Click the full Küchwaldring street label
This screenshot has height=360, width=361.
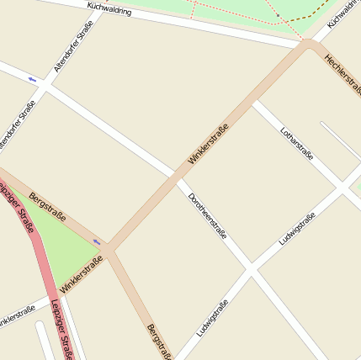click(109, 9)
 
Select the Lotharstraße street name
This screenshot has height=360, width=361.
click(296, 142)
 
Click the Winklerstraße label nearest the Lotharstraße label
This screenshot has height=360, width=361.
click(208, 144)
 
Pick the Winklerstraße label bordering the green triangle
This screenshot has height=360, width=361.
click(81, 274)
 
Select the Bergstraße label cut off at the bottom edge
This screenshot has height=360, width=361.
click(158, 341)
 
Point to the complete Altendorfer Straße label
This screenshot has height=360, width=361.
click(73, 46)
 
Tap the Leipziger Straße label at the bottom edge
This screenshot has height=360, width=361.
click(61, 330)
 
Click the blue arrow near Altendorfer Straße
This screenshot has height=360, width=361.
click(32, 80)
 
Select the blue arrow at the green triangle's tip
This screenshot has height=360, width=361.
click(97, 242)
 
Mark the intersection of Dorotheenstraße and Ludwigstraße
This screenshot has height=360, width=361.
click(250, 271)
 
